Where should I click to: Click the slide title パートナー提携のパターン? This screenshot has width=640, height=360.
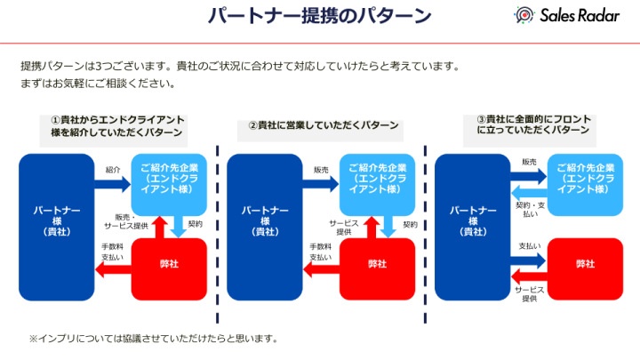coord(320,16)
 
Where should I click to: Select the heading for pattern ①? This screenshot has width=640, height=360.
coord(116,126)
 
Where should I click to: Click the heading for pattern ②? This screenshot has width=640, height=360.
coord(324,126)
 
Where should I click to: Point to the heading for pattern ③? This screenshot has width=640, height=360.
coord(533,124)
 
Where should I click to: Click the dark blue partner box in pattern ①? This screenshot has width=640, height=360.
coord(56,226)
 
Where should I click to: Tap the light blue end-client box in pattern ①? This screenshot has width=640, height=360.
coord(169,182)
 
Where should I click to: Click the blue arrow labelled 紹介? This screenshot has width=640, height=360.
coord(112,185)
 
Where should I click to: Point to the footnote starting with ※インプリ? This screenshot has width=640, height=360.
coord(153,339)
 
